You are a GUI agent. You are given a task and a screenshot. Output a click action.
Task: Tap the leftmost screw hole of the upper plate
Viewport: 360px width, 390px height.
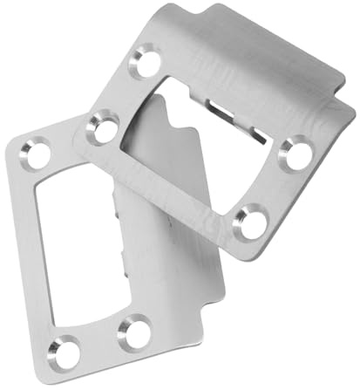pyautogui.click(x=104, y=129)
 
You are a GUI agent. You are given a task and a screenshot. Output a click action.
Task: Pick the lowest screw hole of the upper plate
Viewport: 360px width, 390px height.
pyautogui.click(x=252, y=222)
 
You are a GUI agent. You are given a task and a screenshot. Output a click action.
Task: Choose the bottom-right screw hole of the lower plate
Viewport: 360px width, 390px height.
pyautogui.click(x=134, y=332)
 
